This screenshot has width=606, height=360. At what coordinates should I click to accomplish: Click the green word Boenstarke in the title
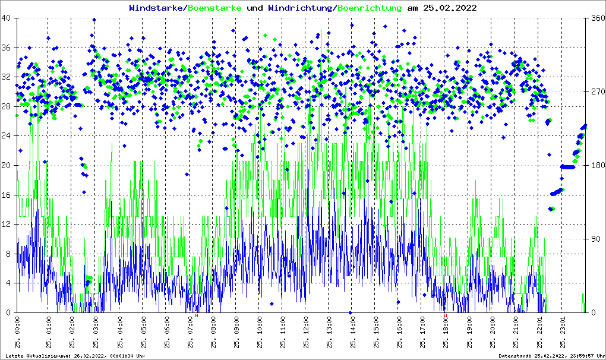coord(214,8)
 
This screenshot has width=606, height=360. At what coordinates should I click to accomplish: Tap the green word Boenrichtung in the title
coord(370,8)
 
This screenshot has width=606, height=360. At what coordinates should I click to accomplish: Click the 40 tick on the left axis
coord(7,18)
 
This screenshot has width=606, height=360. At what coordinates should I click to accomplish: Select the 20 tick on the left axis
coord(7,166)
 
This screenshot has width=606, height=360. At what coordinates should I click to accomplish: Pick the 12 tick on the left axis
coord(7,225)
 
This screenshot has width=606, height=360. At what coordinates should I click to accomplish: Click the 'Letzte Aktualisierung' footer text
coord(75,356)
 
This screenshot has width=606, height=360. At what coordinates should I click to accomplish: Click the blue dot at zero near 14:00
coord(351,312)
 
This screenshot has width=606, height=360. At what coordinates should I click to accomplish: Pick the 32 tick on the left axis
coord(7,77)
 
